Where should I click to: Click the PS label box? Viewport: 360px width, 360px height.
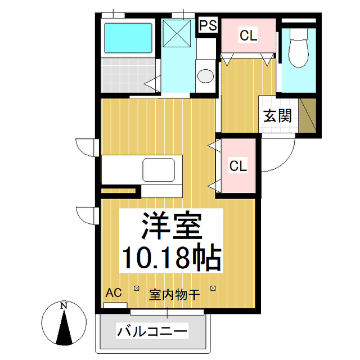coord(208,26)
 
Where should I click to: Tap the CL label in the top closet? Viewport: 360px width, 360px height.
coord(248,35)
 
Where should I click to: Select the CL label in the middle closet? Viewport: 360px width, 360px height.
coord(238,166)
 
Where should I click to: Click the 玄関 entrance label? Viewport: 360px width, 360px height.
coord(278,116)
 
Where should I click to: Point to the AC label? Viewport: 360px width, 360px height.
coord(114,292)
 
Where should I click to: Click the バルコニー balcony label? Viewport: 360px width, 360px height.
coord(152,331)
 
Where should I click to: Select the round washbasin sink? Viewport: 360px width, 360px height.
coord(206,75)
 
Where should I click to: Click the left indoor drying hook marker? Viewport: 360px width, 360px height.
coord(136,289)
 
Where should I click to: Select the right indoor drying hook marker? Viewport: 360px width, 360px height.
coord(213,289)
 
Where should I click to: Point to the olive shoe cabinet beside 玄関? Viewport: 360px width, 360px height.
coord(307,116)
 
